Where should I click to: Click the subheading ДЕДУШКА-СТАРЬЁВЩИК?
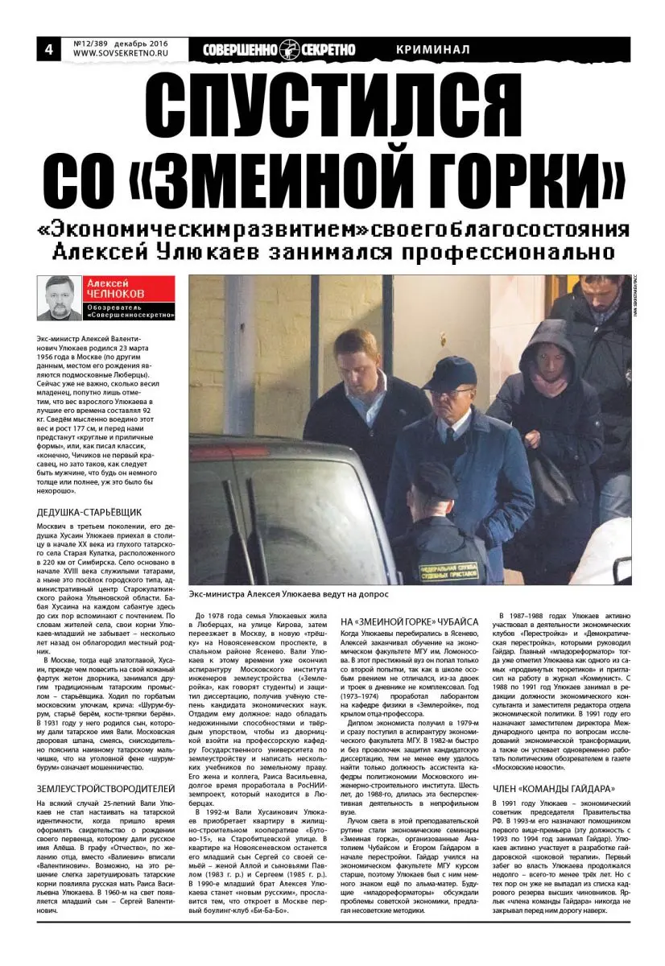pos(89,512)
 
